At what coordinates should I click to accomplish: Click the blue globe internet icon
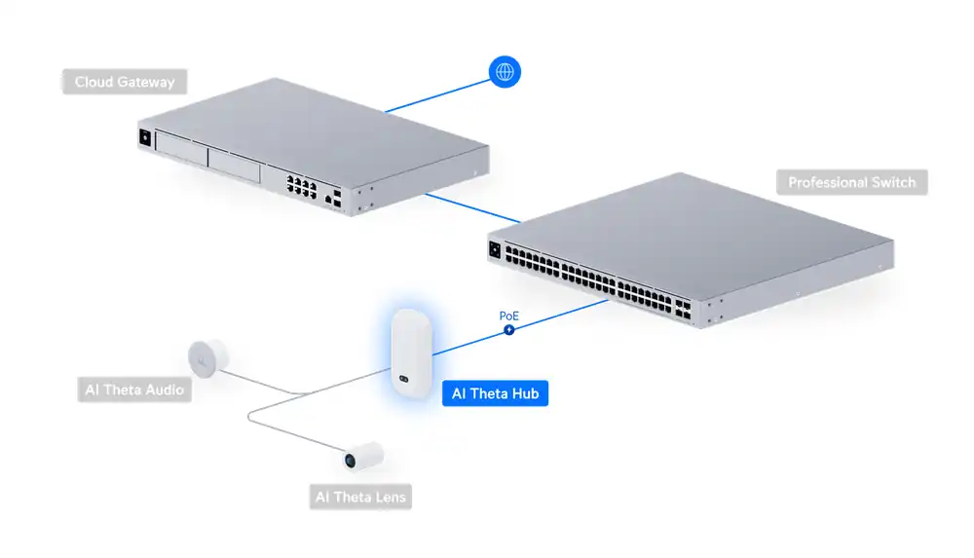[x=505, y=71]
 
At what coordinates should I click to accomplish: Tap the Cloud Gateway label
[x=125, y=82]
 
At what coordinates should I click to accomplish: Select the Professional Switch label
[x=851, y=182]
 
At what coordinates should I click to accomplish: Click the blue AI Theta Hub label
[x=495, y=394]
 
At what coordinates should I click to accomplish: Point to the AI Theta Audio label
[x=134, y=391]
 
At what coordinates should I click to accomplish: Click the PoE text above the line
[x=508, y=316]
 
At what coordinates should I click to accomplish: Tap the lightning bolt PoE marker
[x=508, y=330]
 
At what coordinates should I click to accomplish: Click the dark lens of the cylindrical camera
[x=348, y=458]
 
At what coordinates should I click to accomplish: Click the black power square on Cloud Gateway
[x=146, y=137]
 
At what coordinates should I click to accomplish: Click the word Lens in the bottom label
[x=384, y=498]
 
